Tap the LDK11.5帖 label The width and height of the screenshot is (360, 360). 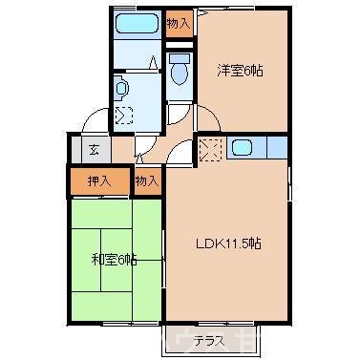point(229,243)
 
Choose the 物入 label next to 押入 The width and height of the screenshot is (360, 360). point(147,179)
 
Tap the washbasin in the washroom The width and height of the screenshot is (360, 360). point(121,88)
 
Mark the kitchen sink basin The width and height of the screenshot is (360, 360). point(241,148)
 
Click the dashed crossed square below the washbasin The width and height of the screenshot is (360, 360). point(124,116)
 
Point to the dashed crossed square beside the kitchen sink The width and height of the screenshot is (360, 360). point(210,148)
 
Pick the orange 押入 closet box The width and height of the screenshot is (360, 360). point(98,179)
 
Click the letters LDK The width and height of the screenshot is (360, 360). point(212,243)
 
